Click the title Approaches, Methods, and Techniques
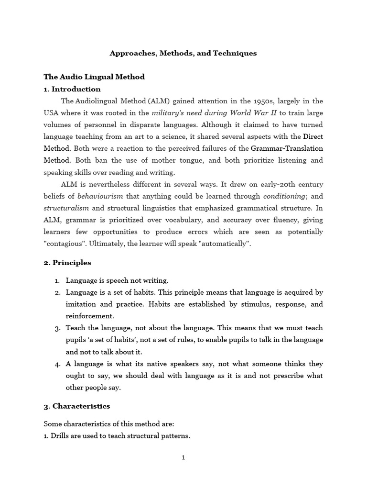183,53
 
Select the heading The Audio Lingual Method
94,77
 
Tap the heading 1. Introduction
72,89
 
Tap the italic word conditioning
284,196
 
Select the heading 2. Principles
67,263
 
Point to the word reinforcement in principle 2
90,316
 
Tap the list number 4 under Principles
57,364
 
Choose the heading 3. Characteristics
77,406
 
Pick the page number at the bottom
183,457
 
